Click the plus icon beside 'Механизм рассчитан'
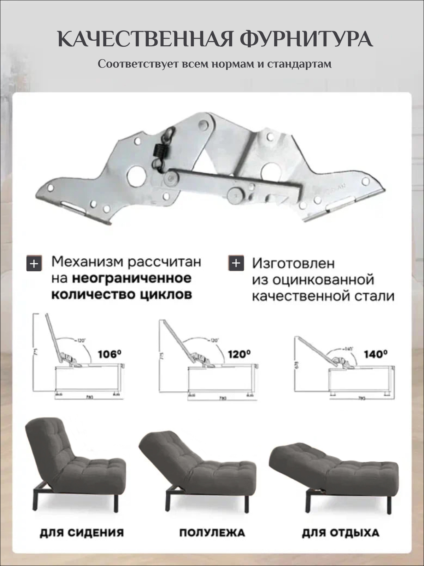[x=34, y=264]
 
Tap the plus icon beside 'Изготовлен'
[x=236, y=263]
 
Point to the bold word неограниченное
[x=131, y=278]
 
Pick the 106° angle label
[x=110, y=354]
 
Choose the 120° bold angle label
[x=239, y=354]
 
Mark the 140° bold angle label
[x=376, y=354]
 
